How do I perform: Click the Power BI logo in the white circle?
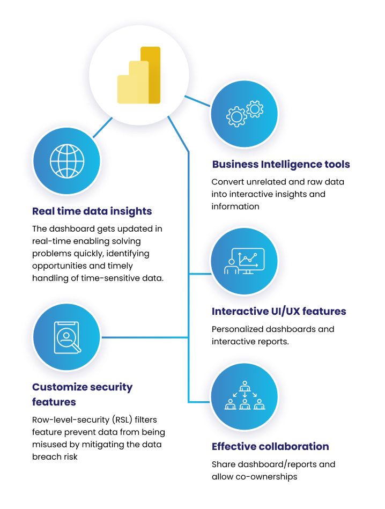point(138,76)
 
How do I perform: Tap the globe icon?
point(67,161)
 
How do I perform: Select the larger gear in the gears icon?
point(236,116)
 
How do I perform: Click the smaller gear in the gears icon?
point(254,108)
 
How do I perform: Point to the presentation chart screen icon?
point(245,261)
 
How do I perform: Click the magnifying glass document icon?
point(67,337)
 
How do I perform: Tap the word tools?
point(337,164)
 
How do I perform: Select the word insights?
point(131,211)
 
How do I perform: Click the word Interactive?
point(238,311)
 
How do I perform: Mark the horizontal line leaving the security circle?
point(145,337)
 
